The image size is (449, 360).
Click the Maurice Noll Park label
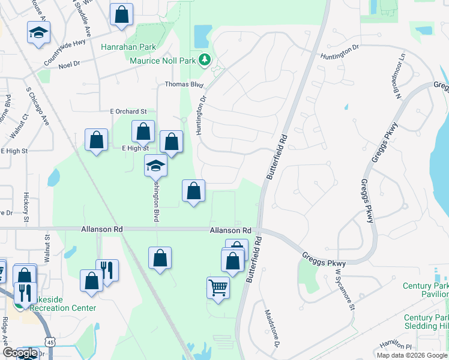[164, 61]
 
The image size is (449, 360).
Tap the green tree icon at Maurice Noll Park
[205, 59]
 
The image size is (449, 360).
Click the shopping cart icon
[218, 287]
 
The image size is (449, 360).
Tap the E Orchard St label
[128, 112]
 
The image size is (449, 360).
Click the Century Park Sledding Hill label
[426, 322]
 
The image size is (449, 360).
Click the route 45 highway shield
[51, 342]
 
